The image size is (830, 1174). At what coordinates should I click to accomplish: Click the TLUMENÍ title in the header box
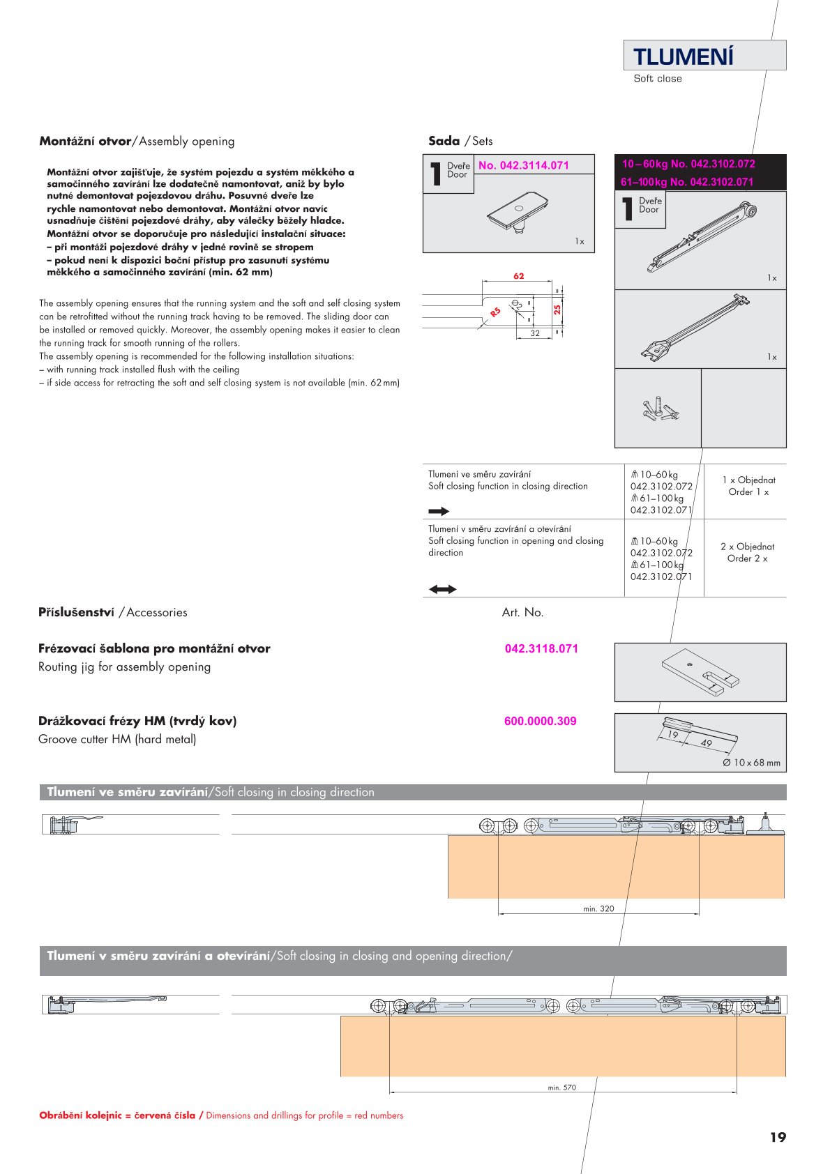(x=683, y=56)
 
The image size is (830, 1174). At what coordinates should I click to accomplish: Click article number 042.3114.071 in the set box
(x=523, y=165)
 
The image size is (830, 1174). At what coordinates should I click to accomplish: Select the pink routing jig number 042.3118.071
(x=541, y=648)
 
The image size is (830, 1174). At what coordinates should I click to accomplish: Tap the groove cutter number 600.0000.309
(x=540, y=721)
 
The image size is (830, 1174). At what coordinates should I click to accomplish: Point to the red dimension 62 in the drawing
(x=518, y=276)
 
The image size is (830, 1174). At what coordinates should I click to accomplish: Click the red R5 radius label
(x=495, y=312)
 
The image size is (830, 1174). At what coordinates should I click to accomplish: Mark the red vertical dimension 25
(x=557, y=309)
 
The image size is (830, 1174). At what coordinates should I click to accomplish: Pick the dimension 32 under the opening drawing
(x=535, y=333)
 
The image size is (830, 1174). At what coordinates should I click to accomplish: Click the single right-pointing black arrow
(x=439, y=511)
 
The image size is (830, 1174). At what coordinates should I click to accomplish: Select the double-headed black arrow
(x=442, y=589)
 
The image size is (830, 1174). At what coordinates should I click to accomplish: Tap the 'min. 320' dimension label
(x=598, y=908)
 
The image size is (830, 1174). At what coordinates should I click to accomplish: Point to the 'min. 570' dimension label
(x=562, y=1087)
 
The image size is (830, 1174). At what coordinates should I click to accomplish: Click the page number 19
(x=778, y=1137)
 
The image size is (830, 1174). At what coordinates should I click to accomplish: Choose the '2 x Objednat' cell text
(x=747, y=547)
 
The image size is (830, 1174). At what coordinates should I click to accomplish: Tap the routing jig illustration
(x=700, y=672)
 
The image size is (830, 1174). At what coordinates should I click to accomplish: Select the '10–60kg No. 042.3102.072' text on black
(x=688, y=164)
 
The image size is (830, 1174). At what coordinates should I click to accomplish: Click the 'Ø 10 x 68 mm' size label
(x=751, y=763)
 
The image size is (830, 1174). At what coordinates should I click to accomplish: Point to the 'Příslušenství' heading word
(x=76, y=612)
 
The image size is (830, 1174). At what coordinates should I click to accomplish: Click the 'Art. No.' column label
(x=522, y=612)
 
